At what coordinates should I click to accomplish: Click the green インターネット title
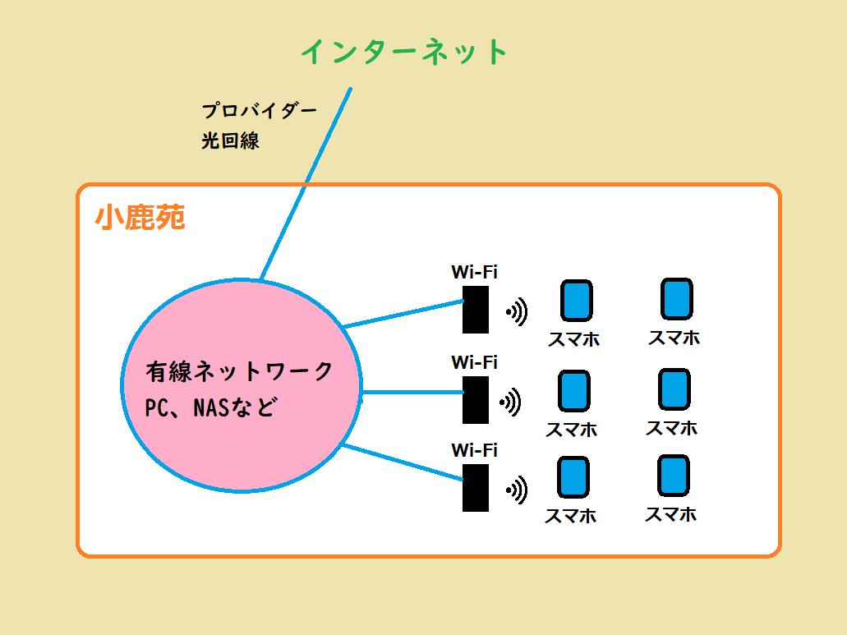tap(405, 53)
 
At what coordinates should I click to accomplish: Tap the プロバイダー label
tap(259, 111)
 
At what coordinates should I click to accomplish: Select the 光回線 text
tap(230, 140)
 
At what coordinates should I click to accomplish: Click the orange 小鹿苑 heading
tap(140, 218)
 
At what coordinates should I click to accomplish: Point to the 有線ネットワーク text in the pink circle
tap(240, 371)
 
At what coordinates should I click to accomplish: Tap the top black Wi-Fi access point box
tap(476, 310)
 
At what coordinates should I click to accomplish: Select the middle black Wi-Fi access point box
tap(476, 399)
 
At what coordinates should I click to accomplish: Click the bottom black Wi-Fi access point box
tap(476, 488)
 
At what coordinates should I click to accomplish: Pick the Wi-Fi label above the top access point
tap(474, 272)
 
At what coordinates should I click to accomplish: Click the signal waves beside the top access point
tap(516, 311)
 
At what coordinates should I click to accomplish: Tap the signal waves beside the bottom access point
tap(516, 490)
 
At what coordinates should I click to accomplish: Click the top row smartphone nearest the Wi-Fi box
tap(576, 301)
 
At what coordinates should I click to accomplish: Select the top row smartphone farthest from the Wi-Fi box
tap(676, 299)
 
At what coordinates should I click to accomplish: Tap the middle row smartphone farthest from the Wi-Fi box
tap(674, 389)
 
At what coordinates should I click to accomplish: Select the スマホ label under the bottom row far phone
tap(670, 514)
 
